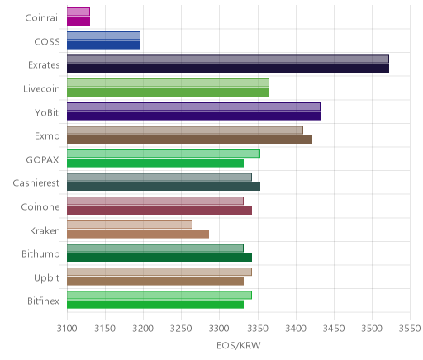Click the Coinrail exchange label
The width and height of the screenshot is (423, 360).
point(42,18)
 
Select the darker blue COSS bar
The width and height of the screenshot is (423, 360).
point(103,45)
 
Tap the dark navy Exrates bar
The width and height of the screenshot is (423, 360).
point(228,69)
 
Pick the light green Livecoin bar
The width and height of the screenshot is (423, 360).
point(168,83)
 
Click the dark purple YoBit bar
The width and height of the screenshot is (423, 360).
point(193,116)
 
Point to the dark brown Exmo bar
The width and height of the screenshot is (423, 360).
point(189,140)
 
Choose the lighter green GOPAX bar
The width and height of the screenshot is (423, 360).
point(164,154)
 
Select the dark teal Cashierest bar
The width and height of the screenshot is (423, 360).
point(164,187)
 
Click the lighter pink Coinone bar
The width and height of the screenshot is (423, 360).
point(155,201)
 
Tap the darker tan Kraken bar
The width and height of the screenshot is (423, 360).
point(138,234)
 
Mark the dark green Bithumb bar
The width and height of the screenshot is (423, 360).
point(159,258)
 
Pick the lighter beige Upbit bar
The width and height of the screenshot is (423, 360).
point(159,272)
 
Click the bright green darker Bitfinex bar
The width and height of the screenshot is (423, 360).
point(155,305)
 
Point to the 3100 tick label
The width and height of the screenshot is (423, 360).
point(67,329)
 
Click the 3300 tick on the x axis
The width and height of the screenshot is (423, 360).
point(220,329)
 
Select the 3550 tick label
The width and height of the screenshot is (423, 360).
point(410,329)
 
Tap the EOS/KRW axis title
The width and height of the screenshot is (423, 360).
point(239,345)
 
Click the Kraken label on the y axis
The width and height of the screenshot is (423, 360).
point(45,230)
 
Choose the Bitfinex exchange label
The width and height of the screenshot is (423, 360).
point(43,301)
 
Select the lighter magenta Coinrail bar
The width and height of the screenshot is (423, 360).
point(78,12)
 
